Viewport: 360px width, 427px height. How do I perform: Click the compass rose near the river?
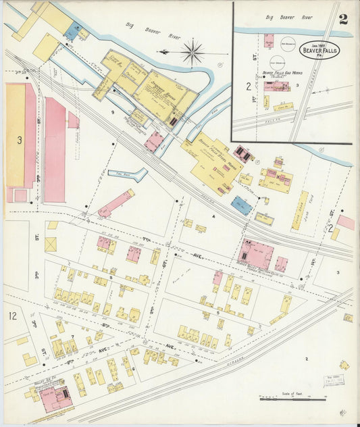pos(193,52)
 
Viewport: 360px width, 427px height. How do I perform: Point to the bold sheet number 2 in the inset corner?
pos(343,19)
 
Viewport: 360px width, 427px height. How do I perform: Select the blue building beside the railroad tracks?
pos(241,205)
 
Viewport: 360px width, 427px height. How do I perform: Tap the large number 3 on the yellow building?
pos(20,140)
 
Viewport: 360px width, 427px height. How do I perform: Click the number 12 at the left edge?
pos(13,316)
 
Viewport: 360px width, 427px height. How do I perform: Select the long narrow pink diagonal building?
pos(115,203)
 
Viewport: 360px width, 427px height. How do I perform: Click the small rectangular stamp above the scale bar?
pos(332,380)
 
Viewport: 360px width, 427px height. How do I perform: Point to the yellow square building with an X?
pos(51,244)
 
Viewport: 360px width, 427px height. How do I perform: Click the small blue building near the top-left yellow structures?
pos(74,31)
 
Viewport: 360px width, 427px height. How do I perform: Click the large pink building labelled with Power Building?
pos(256,254)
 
